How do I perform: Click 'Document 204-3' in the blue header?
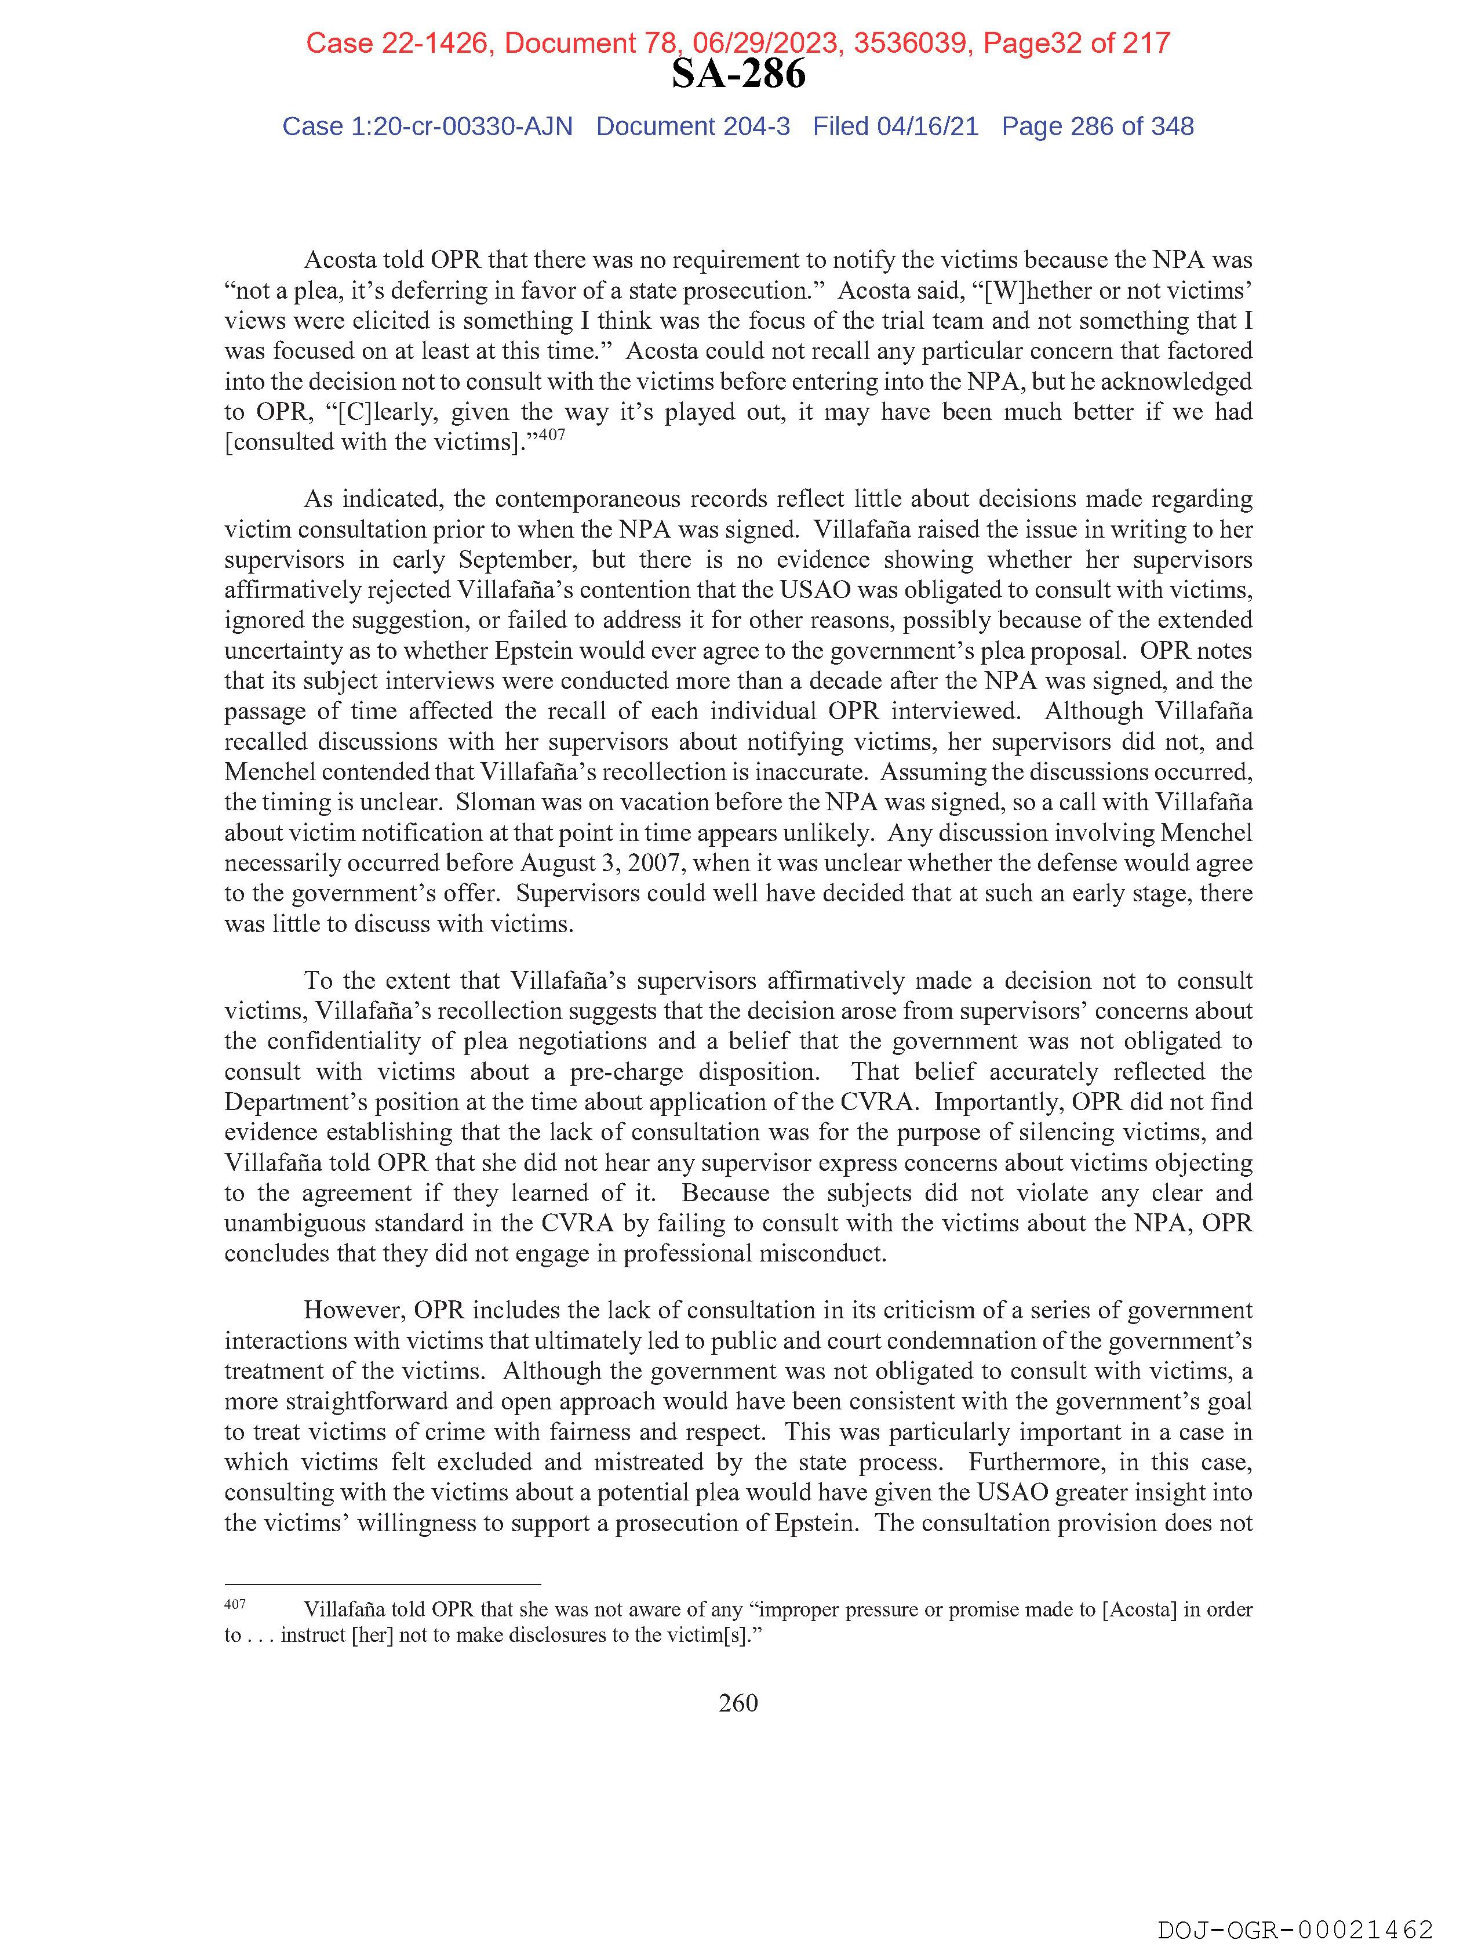click(x=693, y=127)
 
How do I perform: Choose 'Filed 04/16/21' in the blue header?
click(x=895, y=127)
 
